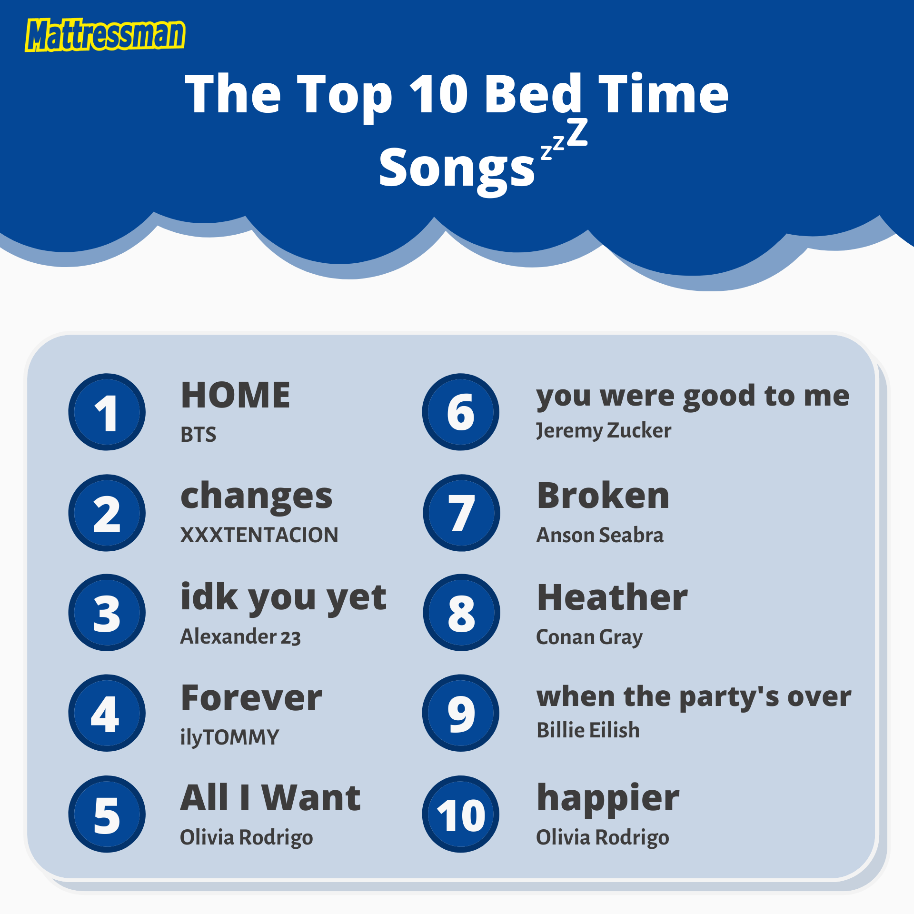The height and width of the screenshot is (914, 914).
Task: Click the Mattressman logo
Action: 105,35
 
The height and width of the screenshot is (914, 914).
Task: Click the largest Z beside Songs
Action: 577,133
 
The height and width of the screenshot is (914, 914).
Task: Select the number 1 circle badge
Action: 107,412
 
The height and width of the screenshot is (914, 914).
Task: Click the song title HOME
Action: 236,395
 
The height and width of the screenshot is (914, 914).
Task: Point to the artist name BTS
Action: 198,435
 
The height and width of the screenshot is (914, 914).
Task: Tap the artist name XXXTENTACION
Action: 259,535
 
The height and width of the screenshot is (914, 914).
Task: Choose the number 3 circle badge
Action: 107,612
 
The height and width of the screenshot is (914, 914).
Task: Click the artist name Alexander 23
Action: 240,636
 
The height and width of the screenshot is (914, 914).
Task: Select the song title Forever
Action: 251,698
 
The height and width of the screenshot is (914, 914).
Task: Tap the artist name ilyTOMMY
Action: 229,737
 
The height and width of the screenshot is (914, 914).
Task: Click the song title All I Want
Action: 270,798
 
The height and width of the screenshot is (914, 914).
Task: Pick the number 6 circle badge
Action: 460,412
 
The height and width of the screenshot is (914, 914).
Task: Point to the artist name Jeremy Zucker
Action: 603,431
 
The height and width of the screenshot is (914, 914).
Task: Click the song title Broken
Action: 603,496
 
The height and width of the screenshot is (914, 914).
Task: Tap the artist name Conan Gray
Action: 589,637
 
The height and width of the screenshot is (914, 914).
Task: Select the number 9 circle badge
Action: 460,713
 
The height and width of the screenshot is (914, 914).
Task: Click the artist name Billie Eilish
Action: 588,730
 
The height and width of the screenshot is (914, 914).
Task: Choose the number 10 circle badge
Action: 460,814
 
